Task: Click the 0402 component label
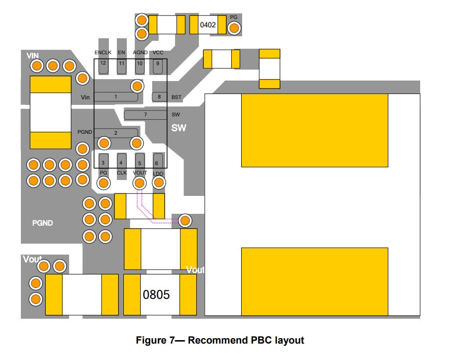click(207, 25)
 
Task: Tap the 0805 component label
click(156, 294)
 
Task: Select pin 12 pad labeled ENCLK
click(103, 67)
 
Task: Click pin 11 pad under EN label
click(122, 67)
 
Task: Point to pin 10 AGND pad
click(140, 67)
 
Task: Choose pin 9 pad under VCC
click(158, 67)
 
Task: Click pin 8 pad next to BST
click(160, 97)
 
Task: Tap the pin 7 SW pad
click(145, 115)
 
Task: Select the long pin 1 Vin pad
click(116, 97)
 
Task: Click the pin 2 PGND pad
click(116, 133)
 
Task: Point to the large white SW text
click(179, 128)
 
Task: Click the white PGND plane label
click(42, 223)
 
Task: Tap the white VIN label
click(32, 56)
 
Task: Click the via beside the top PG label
click(234, 28)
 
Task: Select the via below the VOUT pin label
click(140, 183)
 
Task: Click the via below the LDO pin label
click(159, 182)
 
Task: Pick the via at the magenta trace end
click(185, 221)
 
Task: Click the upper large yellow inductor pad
click(314, 131)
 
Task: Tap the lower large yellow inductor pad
click(314, 281)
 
